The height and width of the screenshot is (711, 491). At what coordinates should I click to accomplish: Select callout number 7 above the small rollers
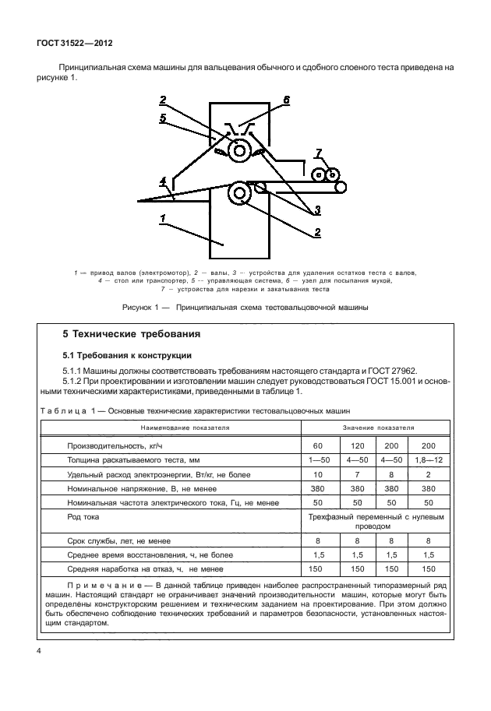pos(317,152)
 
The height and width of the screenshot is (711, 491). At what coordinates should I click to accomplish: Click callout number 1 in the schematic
pos(162,219)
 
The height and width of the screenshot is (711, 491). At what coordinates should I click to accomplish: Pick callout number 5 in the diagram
pos(163,118)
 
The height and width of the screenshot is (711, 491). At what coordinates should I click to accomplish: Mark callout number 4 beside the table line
pos(163,182)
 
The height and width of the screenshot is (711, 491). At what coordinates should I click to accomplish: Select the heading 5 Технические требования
pos(132,334)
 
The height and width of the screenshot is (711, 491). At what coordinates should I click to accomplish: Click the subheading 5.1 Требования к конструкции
pos(118,354)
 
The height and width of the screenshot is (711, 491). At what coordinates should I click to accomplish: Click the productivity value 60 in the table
pos(317,445)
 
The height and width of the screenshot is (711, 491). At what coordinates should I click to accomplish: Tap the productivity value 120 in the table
pos(356,445)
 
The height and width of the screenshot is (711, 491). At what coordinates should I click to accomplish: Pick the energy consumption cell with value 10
pos(317,474)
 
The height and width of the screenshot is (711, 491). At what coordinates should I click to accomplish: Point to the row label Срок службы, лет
pos(119,539)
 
